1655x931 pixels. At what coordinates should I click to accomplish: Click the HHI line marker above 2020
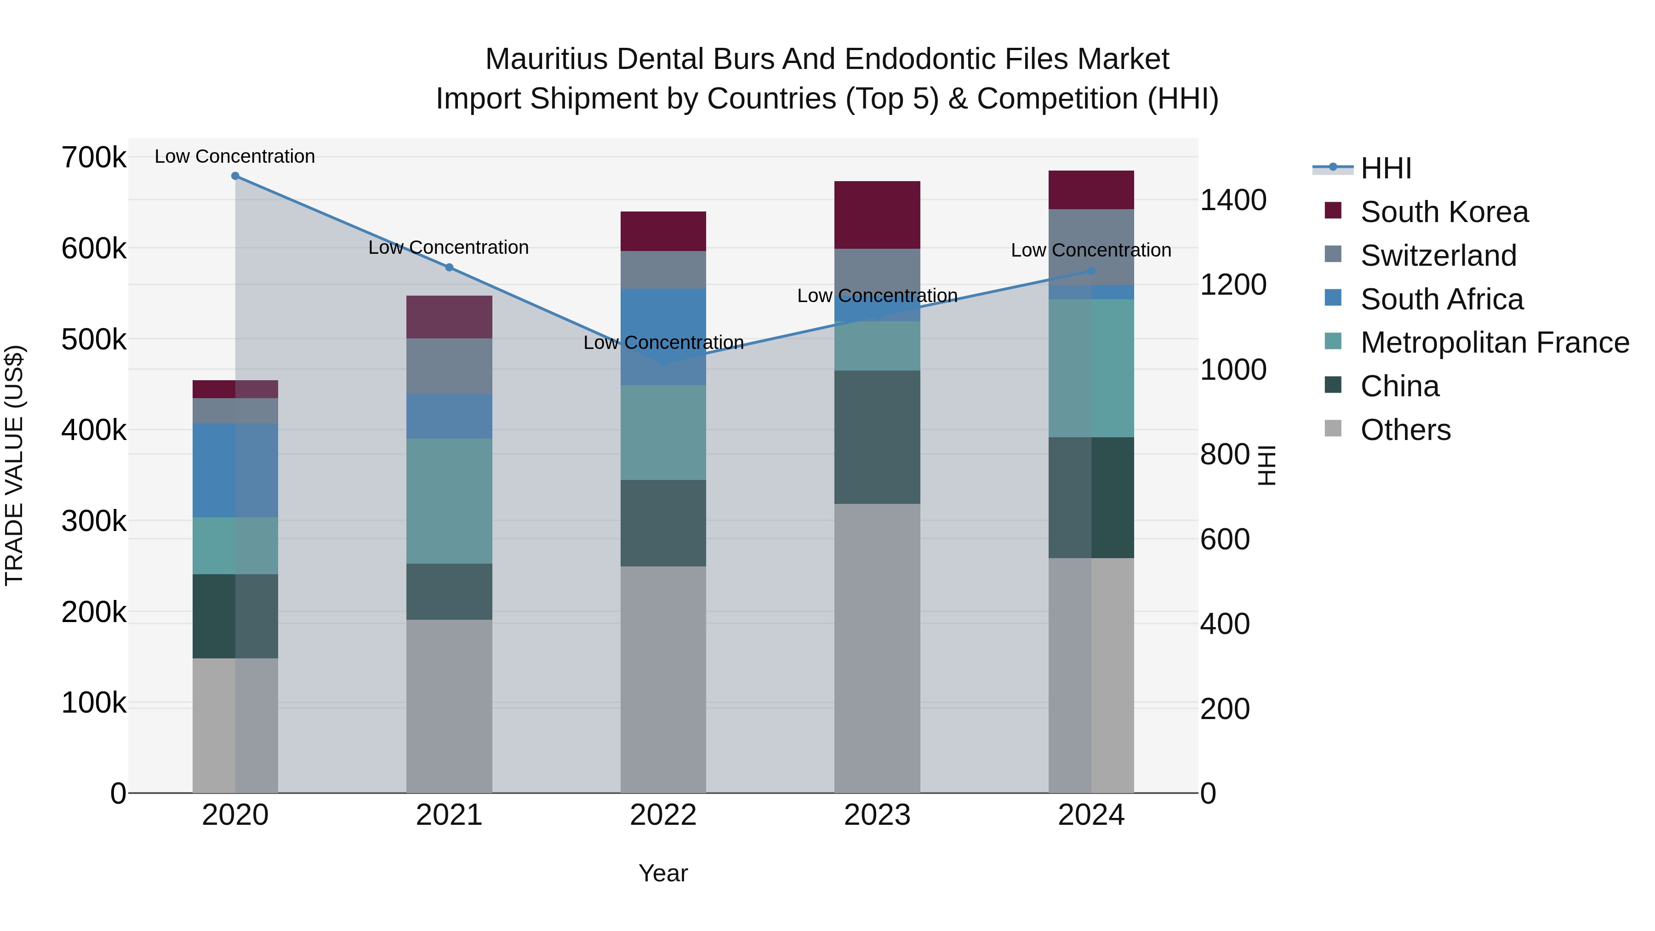(x=235, y=176)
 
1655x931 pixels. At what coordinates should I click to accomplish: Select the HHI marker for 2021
(x=449, y=267)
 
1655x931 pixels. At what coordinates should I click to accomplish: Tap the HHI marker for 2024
(x=1091, y=271)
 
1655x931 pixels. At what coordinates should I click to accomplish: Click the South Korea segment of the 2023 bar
(x=877, y=215)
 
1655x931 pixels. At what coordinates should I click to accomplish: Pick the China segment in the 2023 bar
(x=877, y=437)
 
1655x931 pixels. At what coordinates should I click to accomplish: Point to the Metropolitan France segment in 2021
(x=449, y=501)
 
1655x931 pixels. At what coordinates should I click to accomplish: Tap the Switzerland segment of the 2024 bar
(x=1091, y=247)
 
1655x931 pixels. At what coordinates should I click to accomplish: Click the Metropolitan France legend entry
(x=1495, y=343)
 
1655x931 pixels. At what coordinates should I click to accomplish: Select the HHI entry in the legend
(x=1386, y=168)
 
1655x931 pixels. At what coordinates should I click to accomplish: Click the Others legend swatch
(x=1333, y=428)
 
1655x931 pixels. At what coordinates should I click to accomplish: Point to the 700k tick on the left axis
(x=94, y=157)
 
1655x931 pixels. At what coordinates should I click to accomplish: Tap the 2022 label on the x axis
(x=663, y=815)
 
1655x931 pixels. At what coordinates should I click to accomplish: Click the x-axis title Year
(x=663, y=873)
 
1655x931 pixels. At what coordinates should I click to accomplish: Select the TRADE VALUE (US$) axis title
(x=14, y=465)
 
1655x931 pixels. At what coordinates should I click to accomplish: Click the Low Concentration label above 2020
(x=235, y=156)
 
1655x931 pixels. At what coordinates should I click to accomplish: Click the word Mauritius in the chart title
(x=546, y=59)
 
